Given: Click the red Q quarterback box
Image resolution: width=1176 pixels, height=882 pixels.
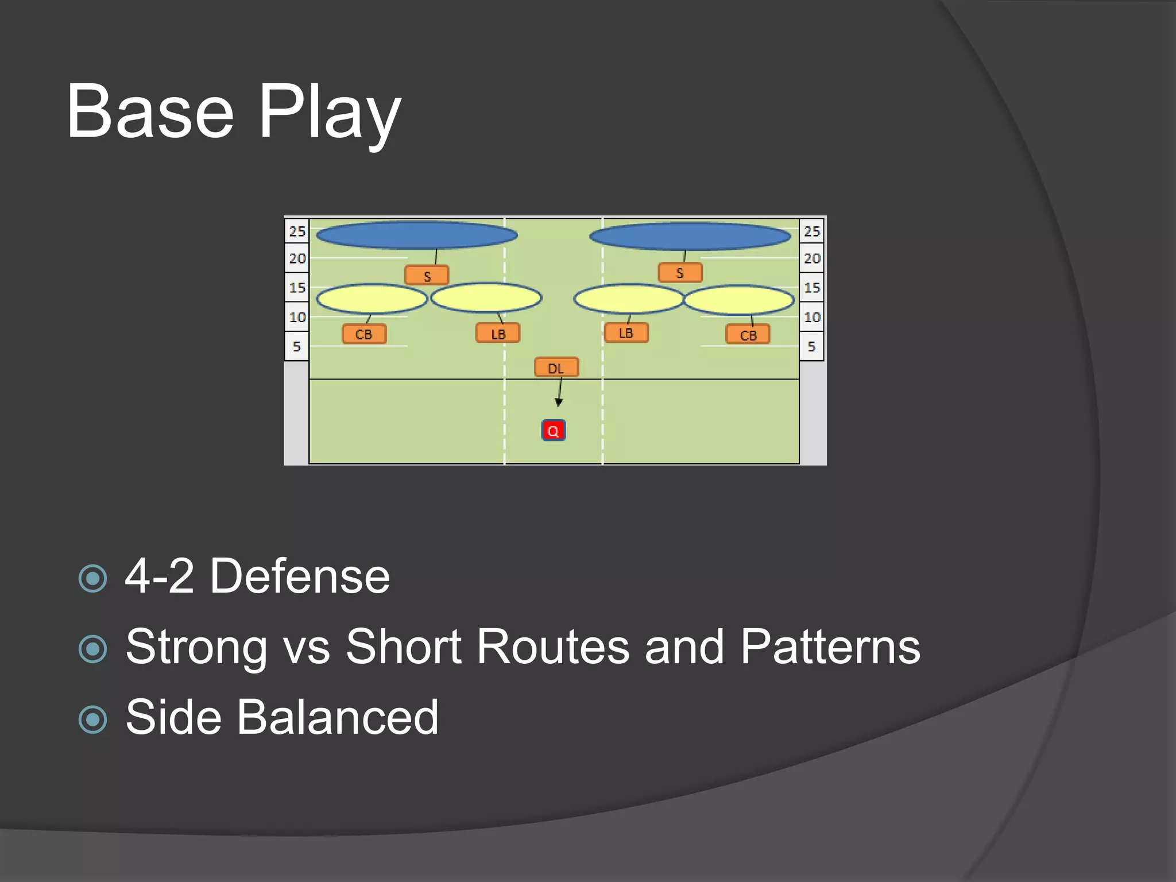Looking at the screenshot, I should click(x=554, y=431).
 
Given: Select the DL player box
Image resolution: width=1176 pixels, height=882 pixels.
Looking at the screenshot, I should click(x=556, y=367).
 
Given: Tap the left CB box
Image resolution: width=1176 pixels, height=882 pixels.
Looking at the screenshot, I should click(x=364, y=334).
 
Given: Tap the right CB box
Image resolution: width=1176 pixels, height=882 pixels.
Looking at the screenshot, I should click(x=748, y=335).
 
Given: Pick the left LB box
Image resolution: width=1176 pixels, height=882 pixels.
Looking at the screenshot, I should click(x=498, y=334).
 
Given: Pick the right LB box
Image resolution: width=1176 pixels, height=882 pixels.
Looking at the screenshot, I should click(x=626, y=333).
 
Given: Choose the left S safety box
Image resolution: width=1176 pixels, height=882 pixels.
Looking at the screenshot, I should click(x=427, y=276).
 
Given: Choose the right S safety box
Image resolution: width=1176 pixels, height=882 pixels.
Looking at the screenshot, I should click(x=680, y=273).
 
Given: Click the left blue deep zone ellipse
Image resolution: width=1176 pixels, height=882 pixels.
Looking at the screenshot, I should click(x=417, y=235).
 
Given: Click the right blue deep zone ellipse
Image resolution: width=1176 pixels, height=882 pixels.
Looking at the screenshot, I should click(x=690, y=236).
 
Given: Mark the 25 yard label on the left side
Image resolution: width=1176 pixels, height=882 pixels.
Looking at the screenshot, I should click(x=297, y=231).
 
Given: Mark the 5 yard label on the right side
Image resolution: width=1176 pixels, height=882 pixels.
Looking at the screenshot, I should click(x=811, y=346).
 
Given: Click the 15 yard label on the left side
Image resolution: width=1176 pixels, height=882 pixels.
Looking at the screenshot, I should click(x=297, y=288).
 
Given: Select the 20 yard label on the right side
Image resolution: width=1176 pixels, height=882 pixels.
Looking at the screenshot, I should click(x=811, y=258).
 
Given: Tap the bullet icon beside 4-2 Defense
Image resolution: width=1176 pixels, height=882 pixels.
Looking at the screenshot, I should click(x=93, y=578).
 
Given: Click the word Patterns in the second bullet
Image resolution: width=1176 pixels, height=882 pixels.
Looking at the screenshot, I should click(x=830, y=647).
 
